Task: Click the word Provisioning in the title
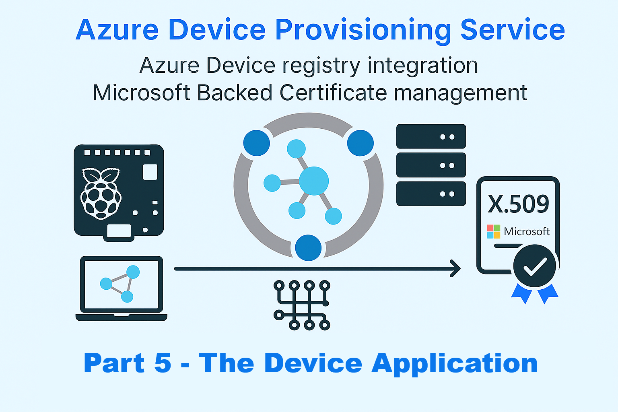[x=363, y=31]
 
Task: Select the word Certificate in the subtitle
[x=333, y=93]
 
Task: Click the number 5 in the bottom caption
[x=163, y=363]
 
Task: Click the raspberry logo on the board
[x=101, y=193]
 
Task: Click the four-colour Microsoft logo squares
[x=494, y=231]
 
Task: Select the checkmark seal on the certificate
[x=535, y=266]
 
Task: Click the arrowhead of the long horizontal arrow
[x=456, y=268]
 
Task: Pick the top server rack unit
[x=431, y=136]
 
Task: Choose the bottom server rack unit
[x=431, y=194]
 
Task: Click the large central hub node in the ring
[x=314, y=181]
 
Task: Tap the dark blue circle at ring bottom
[x=308, y=248]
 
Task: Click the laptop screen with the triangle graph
[x=122, y=284]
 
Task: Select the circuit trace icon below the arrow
[x=302, y=305]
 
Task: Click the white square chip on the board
[x=150, y=172]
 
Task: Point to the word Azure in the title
[x=117, y=31]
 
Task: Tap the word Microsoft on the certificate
[x=527, y=231]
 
